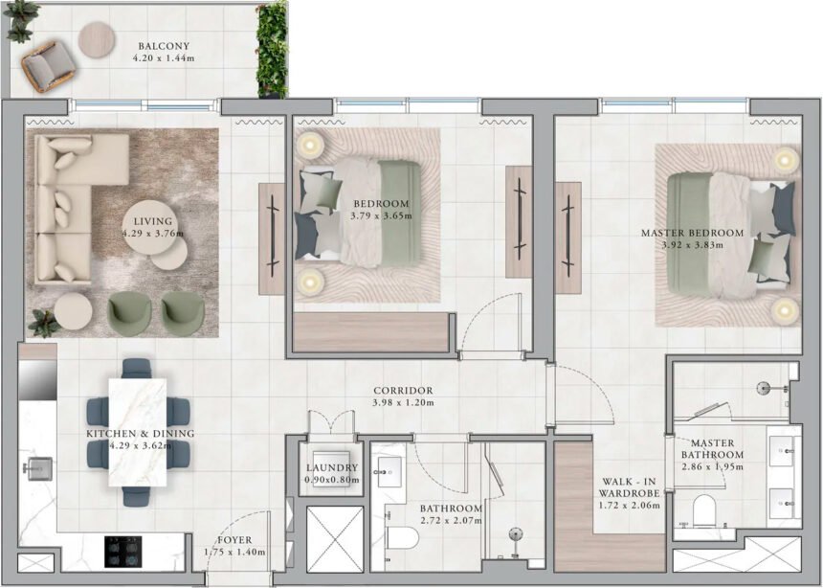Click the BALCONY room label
point(163,46)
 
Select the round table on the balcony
point(100,40)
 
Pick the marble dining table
point(138,429)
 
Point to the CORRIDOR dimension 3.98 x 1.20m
point(403,403)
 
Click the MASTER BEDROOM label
point(692,233)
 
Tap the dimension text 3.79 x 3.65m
point(382,216)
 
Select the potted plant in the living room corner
point(42,324)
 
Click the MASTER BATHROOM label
point(713,449)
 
